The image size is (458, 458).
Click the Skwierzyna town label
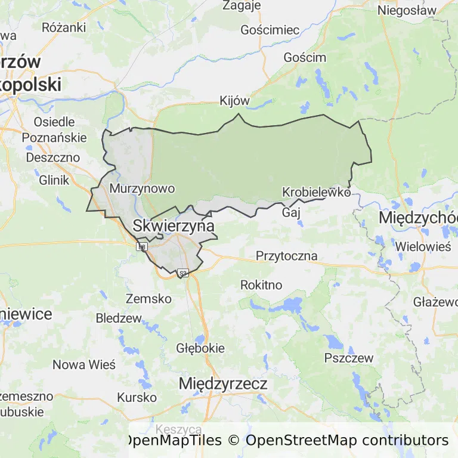(x=174, y=227)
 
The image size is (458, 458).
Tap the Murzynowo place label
(x=143, y=189)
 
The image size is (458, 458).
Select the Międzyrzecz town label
(x=223, y=383)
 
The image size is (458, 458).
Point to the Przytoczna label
(x=286, y=256)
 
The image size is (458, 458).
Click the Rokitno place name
(x=261, y=285)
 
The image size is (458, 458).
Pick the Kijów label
(x=234, y=101)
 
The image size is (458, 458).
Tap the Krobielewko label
(x=316, y=193)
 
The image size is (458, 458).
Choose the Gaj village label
(x=290, y=212)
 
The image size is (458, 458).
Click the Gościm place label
(x=305, y=58)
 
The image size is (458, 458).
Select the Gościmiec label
(x=270, y=30)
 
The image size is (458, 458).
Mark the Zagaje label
(x=242, y=6)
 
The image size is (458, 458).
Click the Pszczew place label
(x=349, y=358)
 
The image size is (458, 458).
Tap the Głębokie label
(x=200, y=348)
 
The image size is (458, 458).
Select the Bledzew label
(x=118, y=318)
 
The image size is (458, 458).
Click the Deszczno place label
(x=53, y=158)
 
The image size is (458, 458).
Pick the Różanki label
(x=64, y=27)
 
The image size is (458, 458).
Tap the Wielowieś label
(x=424, y=245)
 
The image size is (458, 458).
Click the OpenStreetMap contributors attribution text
(x=347, y=441)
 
